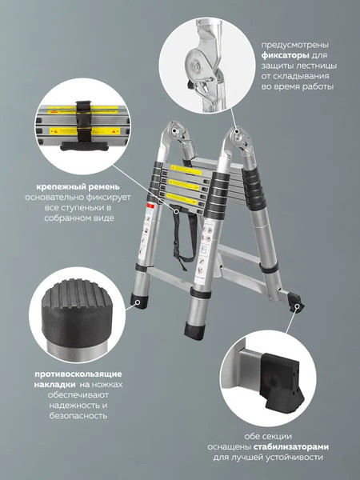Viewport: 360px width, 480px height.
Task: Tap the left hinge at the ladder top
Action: click(177, 138)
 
